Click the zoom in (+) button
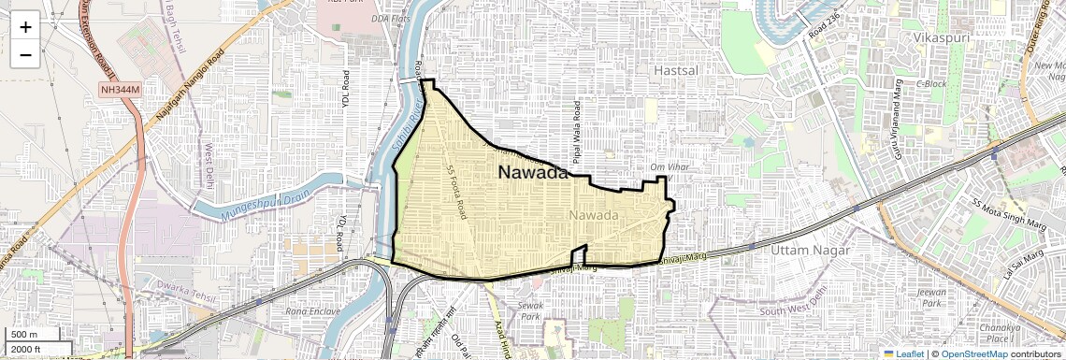(x=25, y=26)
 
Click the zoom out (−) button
(x=25, y=54)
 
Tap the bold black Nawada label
(x=532, y=173)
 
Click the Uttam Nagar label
(x=810, y=251)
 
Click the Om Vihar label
(x=670, y=167)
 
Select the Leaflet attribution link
(x=905, y=353)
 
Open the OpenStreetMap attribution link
(x=974, y=353)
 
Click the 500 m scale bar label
(x=25, y=335)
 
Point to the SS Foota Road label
(x=459, y=192)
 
